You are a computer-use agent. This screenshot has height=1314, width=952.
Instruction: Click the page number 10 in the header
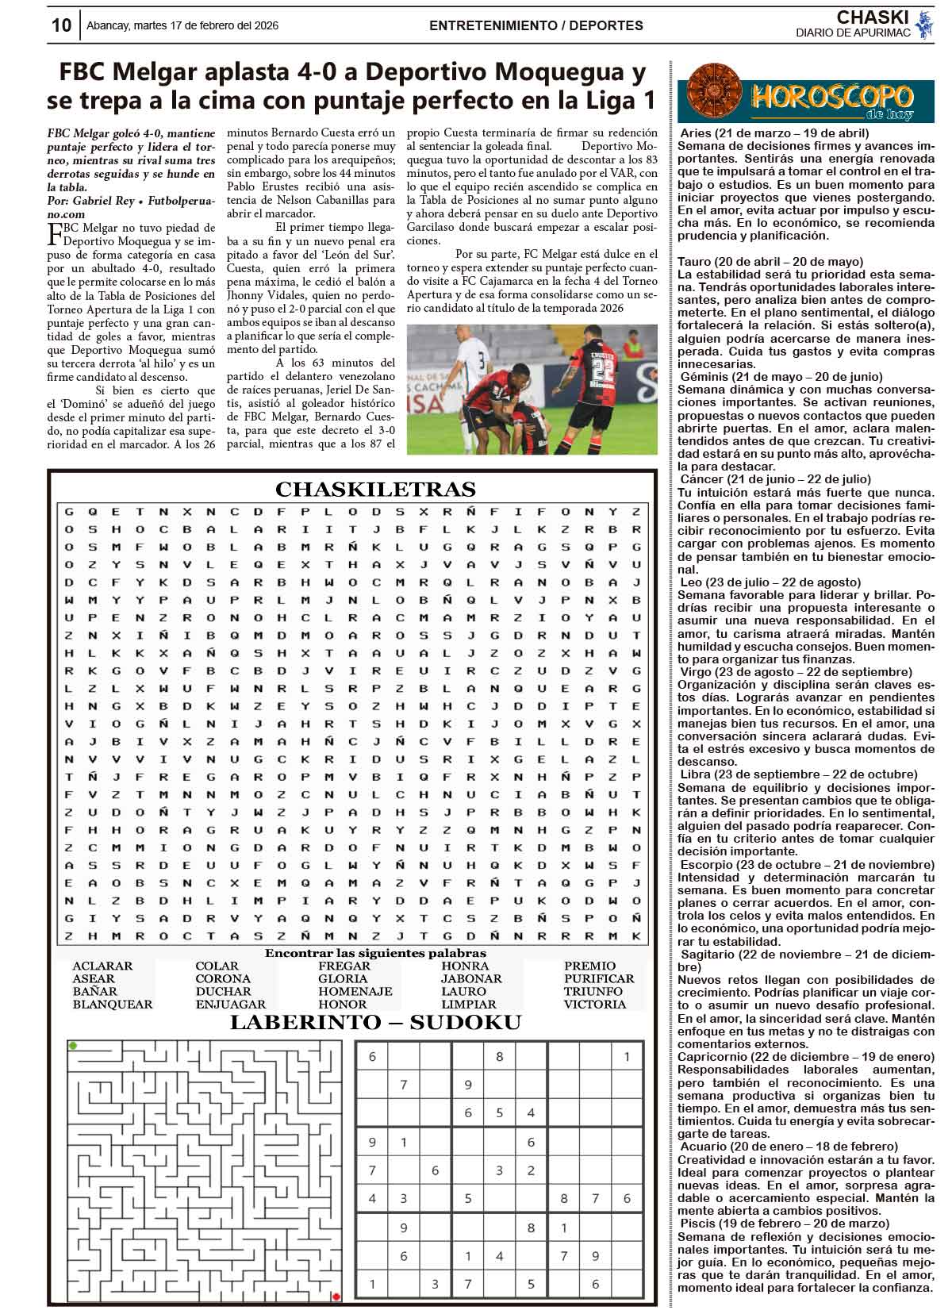click(61, 25)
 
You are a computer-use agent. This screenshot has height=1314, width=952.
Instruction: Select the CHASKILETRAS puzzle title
click(375, 489)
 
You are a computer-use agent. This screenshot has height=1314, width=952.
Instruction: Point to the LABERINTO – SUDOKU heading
click(375, 1022)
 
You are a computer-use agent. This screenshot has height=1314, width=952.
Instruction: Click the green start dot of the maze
click(73, 1046)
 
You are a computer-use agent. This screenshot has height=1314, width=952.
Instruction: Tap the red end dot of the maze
click(336, 1297)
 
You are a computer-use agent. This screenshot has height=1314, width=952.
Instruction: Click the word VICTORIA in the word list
click(595, 1004)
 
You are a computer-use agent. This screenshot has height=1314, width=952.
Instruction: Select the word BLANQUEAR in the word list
click(113, 1004)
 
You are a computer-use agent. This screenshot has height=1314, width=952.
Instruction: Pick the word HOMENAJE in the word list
click(355, 991)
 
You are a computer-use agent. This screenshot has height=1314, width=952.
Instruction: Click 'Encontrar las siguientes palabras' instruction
click(375, 953)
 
